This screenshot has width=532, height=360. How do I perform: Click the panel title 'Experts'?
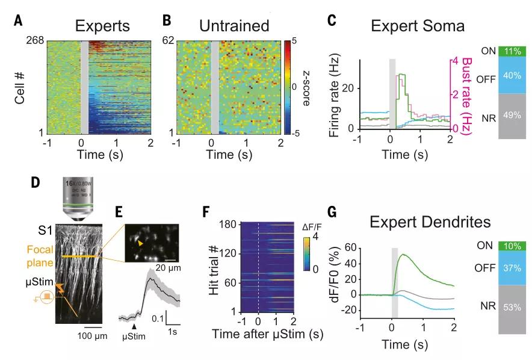pyautogui.click(x=102, y=26)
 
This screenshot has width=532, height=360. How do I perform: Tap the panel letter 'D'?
pyautogui.click(x=36, y=181)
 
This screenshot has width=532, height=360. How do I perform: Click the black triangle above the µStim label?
pyautogui.click(x=134, y=326)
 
